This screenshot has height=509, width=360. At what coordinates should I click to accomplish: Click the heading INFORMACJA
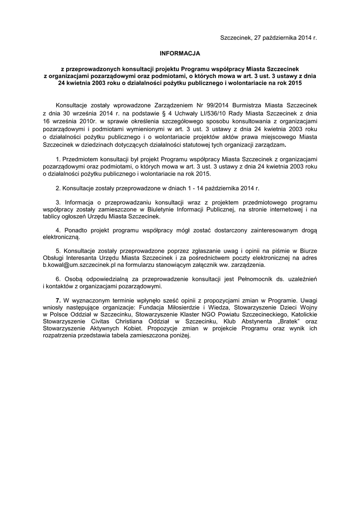180,52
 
